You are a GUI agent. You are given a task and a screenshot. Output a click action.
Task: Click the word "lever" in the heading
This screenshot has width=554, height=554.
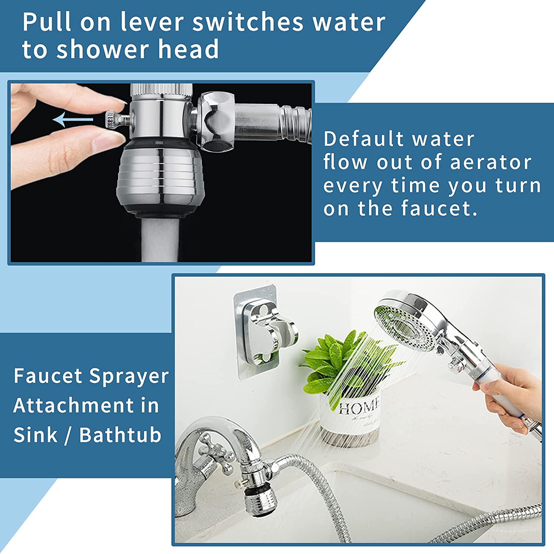point(152,22)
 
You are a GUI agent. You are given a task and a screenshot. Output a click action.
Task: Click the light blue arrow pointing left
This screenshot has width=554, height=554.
point(73,120)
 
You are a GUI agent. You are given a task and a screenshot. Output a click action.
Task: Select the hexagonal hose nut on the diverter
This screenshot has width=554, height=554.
point(216,122)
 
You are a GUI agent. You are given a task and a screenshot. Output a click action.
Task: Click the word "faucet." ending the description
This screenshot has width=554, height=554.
point(439,208)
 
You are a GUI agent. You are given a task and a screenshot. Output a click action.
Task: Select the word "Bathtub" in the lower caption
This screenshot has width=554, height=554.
point(120,435)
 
